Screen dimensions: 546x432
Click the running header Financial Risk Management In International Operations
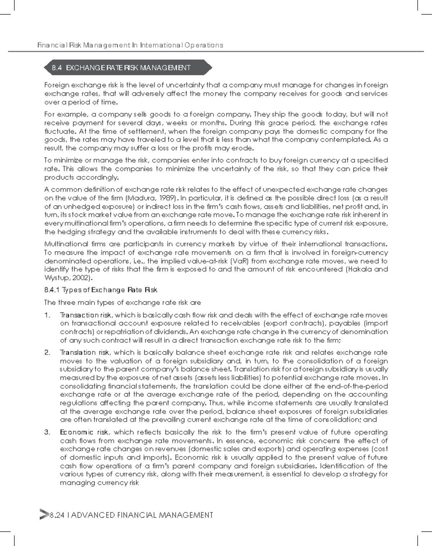[130, 45]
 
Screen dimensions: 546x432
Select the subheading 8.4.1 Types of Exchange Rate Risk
[101, 290]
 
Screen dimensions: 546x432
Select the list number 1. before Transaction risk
[47, 315]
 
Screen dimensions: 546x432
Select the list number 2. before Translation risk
[48, 352]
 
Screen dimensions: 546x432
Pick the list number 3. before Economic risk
[48, 432]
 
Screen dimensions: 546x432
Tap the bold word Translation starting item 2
[78, 352]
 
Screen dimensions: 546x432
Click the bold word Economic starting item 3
[76, 432]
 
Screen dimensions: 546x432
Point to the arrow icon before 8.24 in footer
[44, 515]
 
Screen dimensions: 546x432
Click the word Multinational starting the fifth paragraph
[66, 244]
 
